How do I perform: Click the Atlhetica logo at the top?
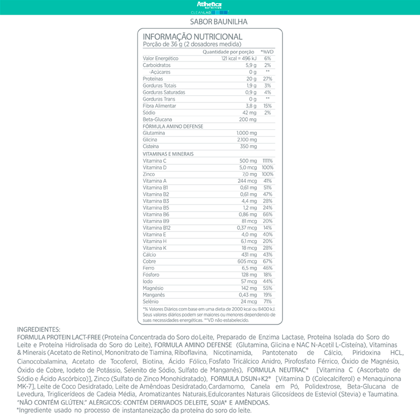[x=210, y=5]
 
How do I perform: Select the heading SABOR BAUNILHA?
[x=210, y=22]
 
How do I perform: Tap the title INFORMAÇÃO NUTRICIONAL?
[x=193, y=37]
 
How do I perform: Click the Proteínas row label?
[x=152, y=79]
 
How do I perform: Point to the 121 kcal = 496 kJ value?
[x=238, y=58]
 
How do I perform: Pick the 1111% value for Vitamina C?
[x=267, y=161]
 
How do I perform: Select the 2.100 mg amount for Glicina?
[x=246, y=140]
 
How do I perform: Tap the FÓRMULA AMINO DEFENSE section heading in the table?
[x=173, y=127]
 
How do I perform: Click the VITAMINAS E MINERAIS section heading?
[x=169, y=154]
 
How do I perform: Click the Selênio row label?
[x=151, y=302]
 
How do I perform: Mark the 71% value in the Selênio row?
[x=267, y=302]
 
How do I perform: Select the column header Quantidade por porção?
[x=228, y=52]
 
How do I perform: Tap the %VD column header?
[x=268, y=52]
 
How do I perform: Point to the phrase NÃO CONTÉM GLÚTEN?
[x=51, y=402]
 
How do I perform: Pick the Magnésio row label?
[x=153, y=288]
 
